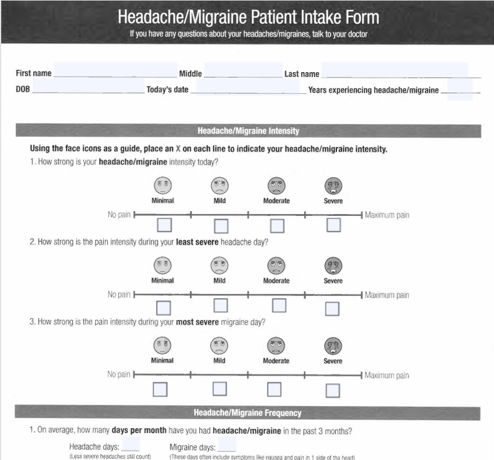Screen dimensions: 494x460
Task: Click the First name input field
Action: click(115, 70)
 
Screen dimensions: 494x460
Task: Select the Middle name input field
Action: click(243, 70)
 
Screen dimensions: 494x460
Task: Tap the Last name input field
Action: click(395, 70)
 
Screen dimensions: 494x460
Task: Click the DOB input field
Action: click(88, 86)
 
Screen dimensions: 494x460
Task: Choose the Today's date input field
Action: click(248, 86)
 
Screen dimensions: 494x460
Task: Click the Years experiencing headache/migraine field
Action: click(459, 89)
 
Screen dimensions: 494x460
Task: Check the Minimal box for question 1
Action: click(165, 225)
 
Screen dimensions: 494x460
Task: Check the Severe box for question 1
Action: click(333, 225)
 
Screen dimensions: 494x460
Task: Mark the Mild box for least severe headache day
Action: click(220, 306)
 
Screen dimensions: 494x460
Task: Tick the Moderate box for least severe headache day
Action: click(279, 306)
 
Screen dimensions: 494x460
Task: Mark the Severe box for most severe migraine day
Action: click(333, 391)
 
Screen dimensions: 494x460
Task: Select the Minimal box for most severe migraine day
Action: click(160, 390)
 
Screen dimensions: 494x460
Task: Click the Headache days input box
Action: click(131, 444)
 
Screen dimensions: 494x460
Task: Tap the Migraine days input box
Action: click(227, 444)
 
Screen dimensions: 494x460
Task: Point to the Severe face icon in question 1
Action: click(333, 185)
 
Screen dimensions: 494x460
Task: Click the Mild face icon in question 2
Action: click(220, 265)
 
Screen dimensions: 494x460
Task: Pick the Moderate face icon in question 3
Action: click(276, 346)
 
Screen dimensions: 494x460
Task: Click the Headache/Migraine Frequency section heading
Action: click(248, 412)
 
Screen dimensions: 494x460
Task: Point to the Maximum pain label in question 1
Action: click(387, 215)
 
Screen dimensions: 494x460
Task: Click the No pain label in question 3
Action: click(119, 374)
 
